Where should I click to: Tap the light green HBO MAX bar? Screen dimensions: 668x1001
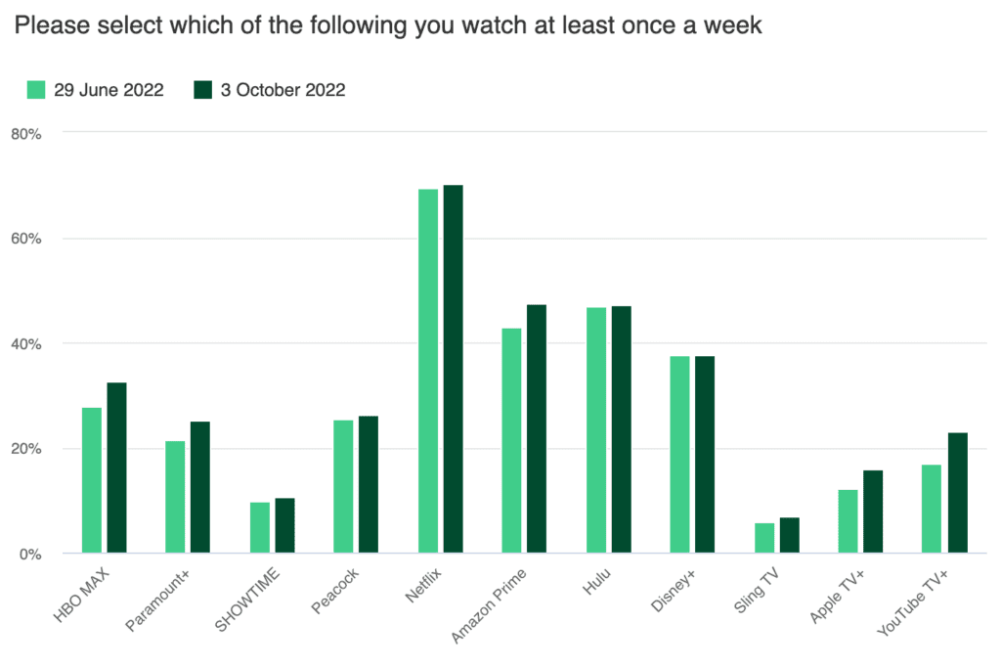pos(92,480)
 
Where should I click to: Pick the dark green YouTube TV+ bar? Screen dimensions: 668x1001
pos(957,493)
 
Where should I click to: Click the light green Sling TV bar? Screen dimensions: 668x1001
pos(764,538)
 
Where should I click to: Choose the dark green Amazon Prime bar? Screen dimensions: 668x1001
pos(537,429)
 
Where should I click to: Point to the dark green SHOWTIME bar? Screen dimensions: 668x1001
pos(284,526)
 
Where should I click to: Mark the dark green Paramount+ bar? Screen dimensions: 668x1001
pos(200,487)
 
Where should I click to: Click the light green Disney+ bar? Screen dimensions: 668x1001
pos(680,455)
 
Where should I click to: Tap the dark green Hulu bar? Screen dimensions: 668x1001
pos(621,430)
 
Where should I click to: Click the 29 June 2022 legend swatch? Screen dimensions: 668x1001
pos(36,90)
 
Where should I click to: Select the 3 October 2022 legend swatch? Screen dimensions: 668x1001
pos(203,90)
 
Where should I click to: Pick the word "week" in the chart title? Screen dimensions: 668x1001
pos(732,26)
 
